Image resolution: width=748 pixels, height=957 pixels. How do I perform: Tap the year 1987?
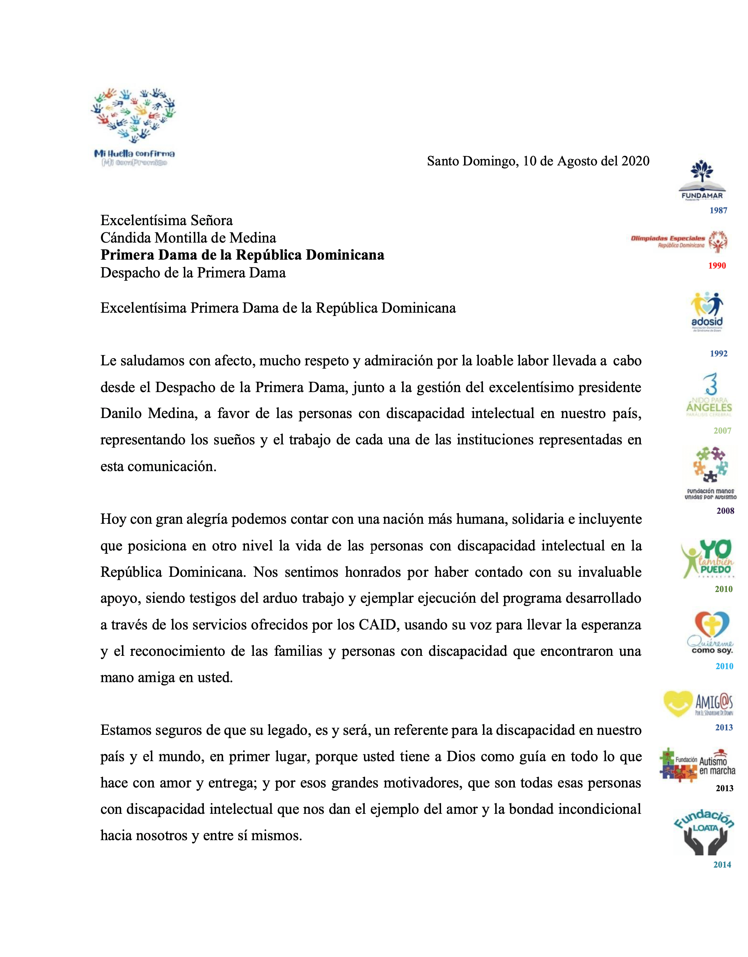coord(718,210)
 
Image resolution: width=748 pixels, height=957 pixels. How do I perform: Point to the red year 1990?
coord(717,266)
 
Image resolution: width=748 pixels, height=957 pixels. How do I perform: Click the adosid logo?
coord(707,312)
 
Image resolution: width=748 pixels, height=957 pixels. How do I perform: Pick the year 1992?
coord(719,353)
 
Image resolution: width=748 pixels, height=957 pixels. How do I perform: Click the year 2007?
coord(722,431)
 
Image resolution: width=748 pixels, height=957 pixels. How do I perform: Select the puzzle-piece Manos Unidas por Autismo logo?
coord(710,472)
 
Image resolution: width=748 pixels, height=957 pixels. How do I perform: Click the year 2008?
coord(725,510)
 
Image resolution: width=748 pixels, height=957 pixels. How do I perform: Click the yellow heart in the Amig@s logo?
coord(678,703)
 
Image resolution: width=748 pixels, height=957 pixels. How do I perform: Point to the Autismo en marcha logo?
coord(697,765)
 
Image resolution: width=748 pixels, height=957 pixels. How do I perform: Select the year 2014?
coord(722,865)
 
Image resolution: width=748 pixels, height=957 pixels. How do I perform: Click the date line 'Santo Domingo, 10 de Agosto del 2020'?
coord(538,161)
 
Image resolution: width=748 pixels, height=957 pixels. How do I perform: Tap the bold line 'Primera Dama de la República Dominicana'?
coord(242,255)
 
